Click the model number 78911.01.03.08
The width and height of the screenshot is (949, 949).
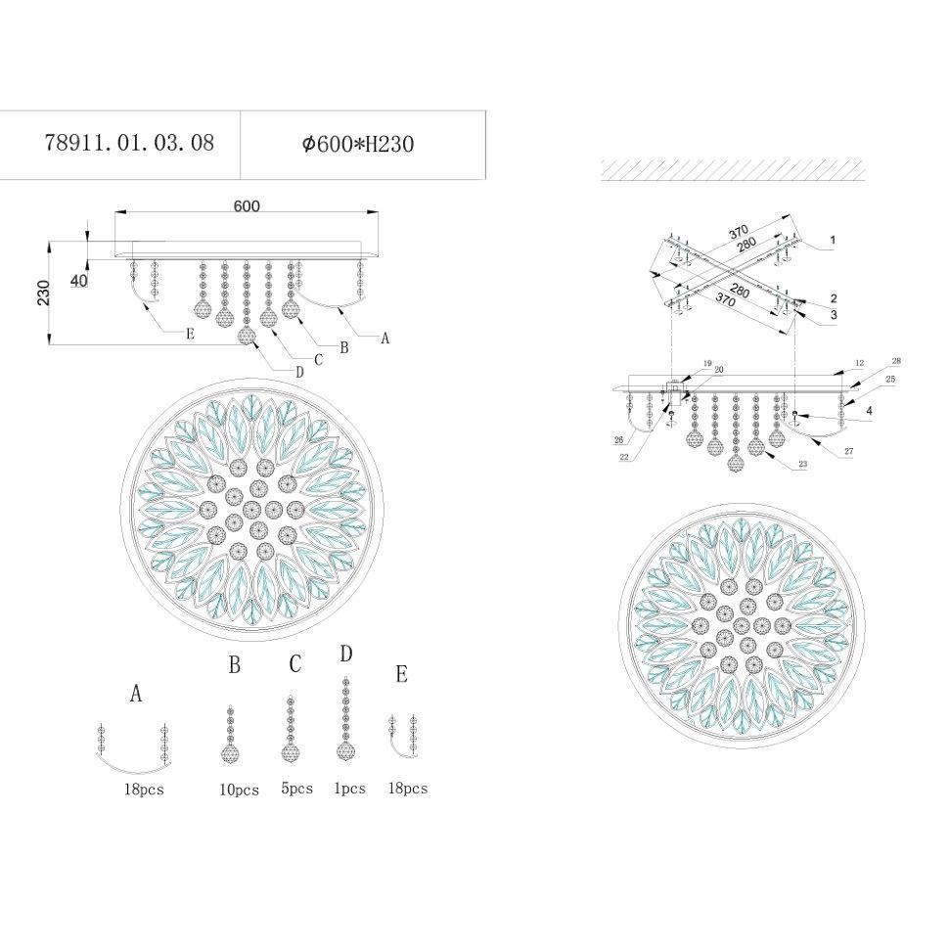pyautogui.click(x=129, y=143)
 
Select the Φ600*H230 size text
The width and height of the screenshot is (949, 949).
pyautogui.click(x=358, y=144)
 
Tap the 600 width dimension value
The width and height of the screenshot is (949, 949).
pyautogui.click(x=247, y=205)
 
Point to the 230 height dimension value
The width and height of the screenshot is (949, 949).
pyautogui.click(x=44, y=293)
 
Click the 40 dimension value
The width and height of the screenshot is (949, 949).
pyautogui.click(x=79, y=280)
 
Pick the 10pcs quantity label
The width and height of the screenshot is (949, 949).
pyautogui.click(x=239, y=790)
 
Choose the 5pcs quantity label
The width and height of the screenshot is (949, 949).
pyautogui.click(x=297, y=789)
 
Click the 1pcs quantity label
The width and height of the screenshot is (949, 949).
pyautogui.click(x=350, y=789)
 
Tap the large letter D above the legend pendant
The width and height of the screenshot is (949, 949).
pyautogui.click(x=346, y=654)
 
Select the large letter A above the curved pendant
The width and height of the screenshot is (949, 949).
pyautogui.click(x=136, y=694)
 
